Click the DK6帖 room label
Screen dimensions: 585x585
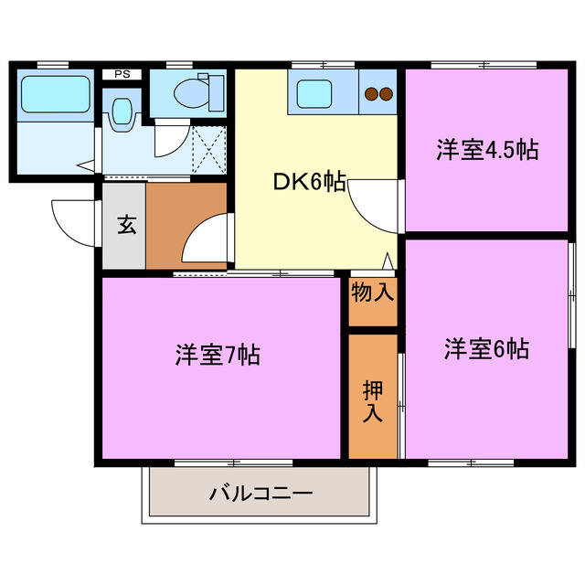310,182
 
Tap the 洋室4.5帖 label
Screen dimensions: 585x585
485,150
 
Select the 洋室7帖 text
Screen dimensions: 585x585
218,355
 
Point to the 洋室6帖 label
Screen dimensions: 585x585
486,348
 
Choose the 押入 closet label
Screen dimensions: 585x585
373,399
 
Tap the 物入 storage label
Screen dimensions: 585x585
373,292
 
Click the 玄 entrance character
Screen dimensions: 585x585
124,225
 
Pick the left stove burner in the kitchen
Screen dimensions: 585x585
372,92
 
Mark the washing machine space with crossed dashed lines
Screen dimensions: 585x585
207,147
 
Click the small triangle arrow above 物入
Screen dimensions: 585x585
388,261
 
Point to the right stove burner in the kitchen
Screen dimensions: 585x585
386,92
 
